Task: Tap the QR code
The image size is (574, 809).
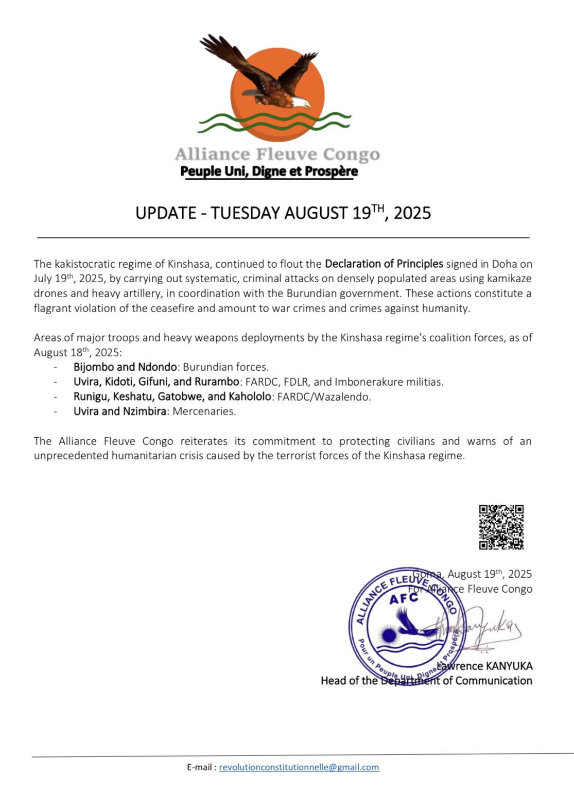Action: [x=501, y=527]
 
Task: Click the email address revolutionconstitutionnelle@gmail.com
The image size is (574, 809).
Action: [x=299, y=767]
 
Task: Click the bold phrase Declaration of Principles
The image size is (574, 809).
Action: [x=384, y=264]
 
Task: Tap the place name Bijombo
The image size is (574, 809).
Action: [x=94, y=367]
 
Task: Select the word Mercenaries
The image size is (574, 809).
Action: [x=204, y=411]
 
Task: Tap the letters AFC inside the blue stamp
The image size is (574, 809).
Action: [x=404, y=599]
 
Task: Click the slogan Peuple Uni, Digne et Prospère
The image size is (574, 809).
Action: [x=269, y=171]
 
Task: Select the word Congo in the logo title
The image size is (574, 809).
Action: [x=352, y=154]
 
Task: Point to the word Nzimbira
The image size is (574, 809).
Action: [x=144, y=411]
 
